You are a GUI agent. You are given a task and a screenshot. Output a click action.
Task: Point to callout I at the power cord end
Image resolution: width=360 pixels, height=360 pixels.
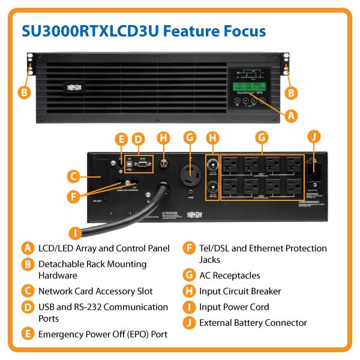tap(75, 232)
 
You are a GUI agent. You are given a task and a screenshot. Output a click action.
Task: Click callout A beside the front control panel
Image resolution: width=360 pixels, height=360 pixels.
tap(291, 114)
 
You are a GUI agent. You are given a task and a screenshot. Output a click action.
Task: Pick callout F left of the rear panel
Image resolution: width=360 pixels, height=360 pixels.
tap(74, 195)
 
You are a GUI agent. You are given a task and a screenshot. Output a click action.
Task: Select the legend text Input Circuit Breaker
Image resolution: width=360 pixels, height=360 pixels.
tap(240, 291)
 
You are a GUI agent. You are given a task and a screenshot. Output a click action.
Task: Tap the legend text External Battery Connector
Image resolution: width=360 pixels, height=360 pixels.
tap(253, 322)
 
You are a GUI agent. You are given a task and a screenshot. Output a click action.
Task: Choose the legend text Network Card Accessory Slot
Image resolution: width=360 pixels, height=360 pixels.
tap(95, 291)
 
